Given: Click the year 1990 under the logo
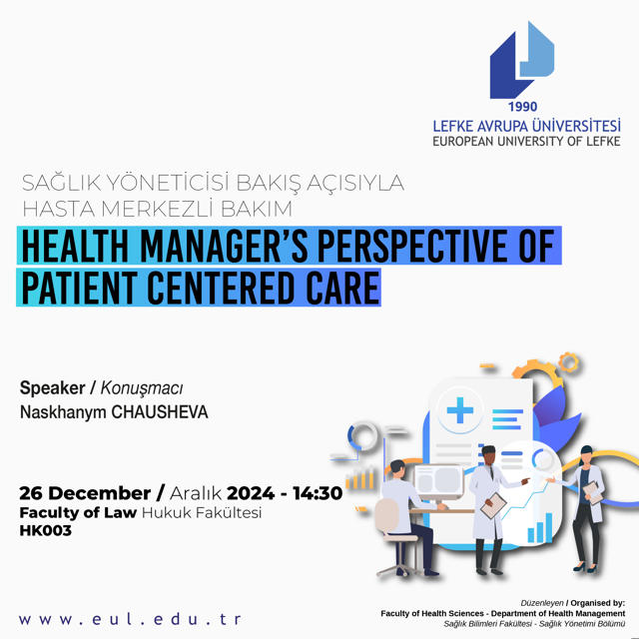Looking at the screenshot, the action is (522, 107).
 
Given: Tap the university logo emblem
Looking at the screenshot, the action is (522, 60).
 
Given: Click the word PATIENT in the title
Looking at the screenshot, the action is (80, 288).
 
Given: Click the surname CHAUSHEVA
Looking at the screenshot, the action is (160, 412).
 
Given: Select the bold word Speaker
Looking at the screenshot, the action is (53, 388).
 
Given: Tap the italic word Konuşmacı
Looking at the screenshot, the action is (142, 388).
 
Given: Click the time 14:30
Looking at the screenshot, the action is (318, 493).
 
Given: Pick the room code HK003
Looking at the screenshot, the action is (46, 530).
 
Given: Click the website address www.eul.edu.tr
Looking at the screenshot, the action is (130, 619).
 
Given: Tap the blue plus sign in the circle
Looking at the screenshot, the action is (460, 410).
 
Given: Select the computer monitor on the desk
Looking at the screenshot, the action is (439, 482).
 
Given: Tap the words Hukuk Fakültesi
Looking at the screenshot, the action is (202, 512).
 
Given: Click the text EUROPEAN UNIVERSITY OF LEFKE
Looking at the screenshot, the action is (526, 142).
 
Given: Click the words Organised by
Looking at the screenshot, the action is (598, 603).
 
